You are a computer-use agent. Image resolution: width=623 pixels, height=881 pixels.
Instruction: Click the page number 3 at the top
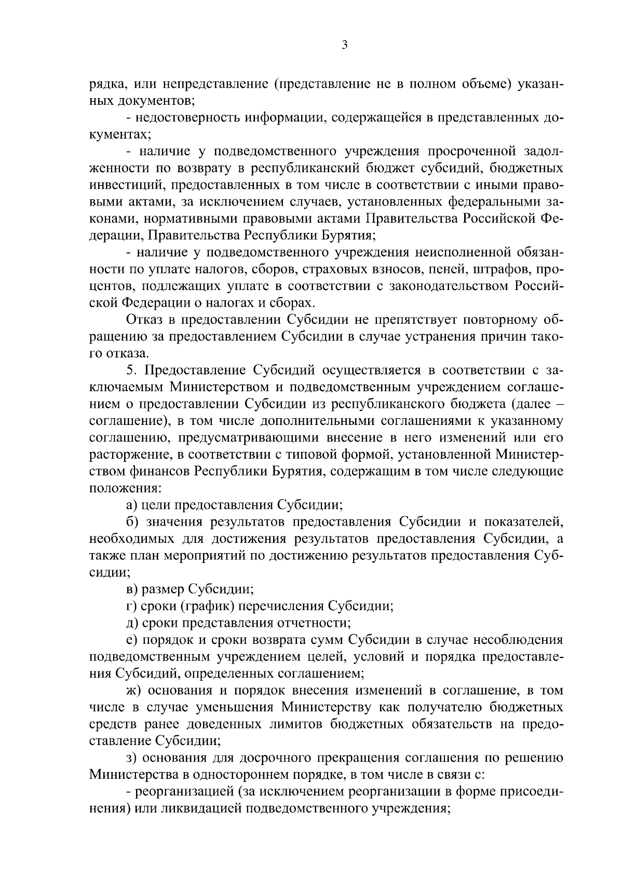click(344, 45)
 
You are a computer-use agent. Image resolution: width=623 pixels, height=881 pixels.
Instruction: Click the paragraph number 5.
click(130, 370)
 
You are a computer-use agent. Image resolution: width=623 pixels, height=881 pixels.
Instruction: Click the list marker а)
click(131, 505)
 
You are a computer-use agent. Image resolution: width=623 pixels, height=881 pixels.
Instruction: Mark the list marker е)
click(131, 640)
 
